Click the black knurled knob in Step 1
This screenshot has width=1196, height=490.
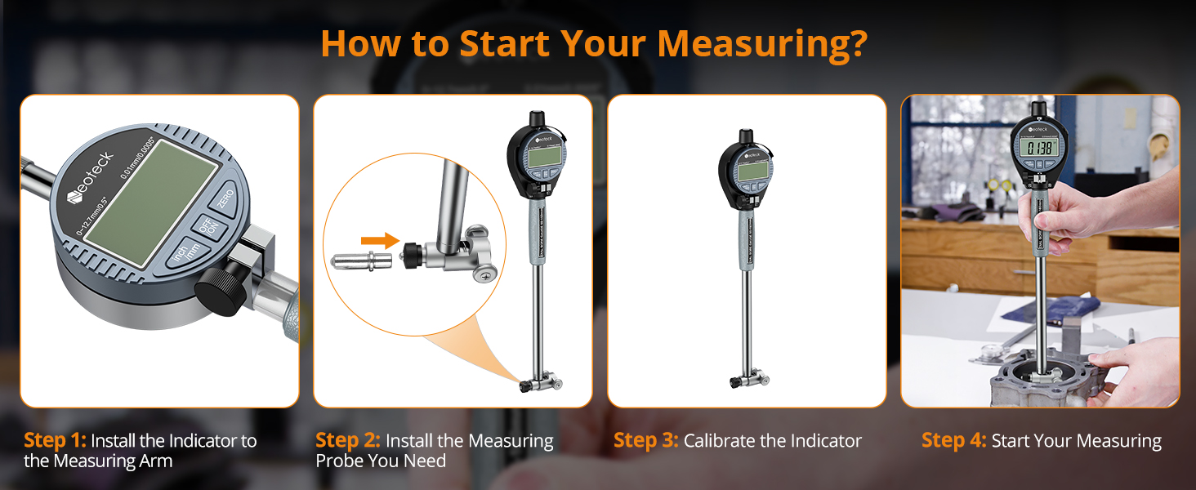click(219, 282)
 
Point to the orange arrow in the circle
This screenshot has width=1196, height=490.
click(380, 240)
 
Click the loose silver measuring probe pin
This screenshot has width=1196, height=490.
click(360, 261)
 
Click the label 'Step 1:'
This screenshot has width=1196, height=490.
click(55, 441)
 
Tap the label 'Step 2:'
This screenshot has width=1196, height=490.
click(348, 441)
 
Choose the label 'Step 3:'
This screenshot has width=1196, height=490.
click(645, 441)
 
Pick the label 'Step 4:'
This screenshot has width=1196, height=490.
click(953, 441)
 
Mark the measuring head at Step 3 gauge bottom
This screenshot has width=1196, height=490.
click(747, 379)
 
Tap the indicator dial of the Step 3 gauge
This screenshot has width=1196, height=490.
click(745, 171)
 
